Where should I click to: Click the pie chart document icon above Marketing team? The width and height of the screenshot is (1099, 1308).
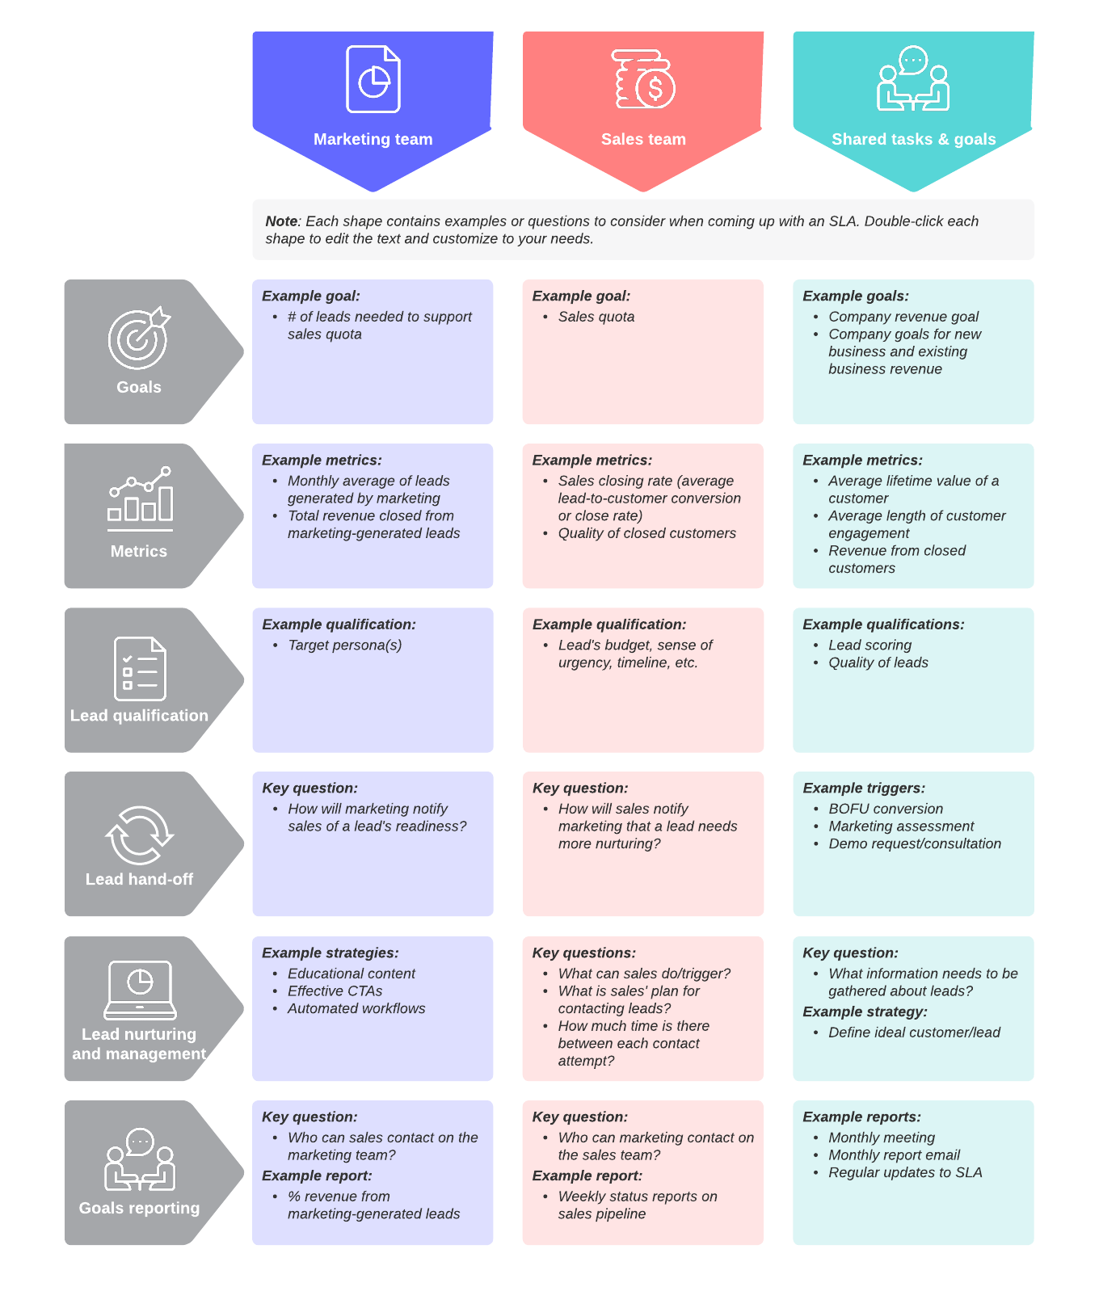click(x=373, y=79)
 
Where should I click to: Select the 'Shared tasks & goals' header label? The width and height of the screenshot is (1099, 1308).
click(x=913, y=139)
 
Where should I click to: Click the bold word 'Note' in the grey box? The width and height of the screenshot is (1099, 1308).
click(x=281, y=221)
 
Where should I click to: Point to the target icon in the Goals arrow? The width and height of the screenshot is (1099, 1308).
click(x=138, y=339)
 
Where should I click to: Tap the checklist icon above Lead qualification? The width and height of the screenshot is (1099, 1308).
click(x=140, y=668)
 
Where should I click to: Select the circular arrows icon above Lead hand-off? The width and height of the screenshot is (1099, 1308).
click(x=139, y=835)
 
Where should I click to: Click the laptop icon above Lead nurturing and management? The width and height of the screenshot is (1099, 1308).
click(x=140, y=990)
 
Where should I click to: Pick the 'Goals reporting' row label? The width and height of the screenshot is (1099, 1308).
click(x=139, y=1208)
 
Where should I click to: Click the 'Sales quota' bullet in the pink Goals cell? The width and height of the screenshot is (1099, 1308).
click(x=596, y=317)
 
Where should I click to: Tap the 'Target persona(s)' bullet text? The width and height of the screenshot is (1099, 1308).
click(x=344, y=645)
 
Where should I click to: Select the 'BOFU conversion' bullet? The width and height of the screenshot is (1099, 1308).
click(x=885, y=809)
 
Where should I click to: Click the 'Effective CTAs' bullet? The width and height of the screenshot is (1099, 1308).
click(x=335, y=990)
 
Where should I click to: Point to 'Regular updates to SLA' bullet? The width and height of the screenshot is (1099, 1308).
click(x=905, y=1172)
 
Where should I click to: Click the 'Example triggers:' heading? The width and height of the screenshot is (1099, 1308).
click(x=864, y=788)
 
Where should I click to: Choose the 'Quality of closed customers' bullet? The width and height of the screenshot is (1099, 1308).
click(x=646, y=533)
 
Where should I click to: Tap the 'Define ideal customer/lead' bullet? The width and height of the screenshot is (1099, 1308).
click(x=914, y=1033)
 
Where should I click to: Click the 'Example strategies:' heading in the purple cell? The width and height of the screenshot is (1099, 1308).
click(x=330, y=953)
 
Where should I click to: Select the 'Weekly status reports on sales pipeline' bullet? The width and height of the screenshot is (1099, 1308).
click(x=637, y=1205)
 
